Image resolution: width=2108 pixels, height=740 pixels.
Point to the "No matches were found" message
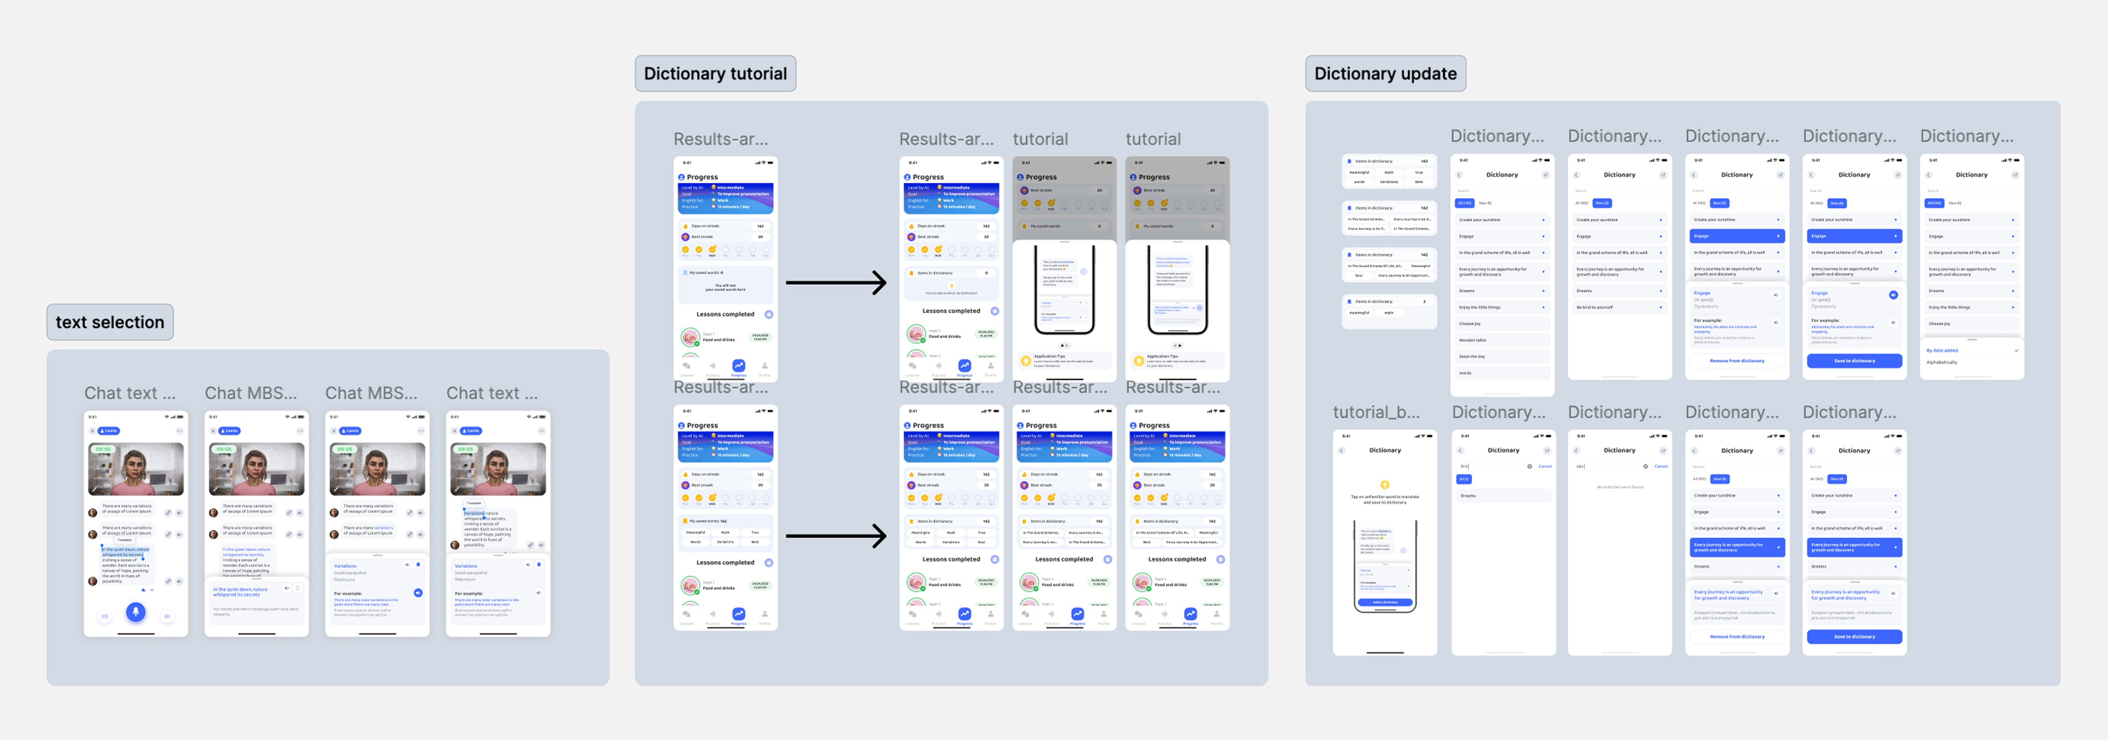pyautogui.click(x=1620, y=487)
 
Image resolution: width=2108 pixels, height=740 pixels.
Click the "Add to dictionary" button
pyautogui.click(x=1385, y=602)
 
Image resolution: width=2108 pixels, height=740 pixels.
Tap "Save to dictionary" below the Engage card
pyautogui.click(x=1853, y=360)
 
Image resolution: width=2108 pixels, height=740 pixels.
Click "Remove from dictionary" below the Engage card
pyautogui.click(x=1736, y=360)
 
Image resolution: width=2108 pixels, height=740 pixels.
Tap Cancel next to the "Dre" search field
pyautogui.click(x=1545, y=466)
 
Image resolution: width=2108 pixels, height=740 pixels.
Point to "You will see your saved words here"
pyautogui.click(x=725, y=287)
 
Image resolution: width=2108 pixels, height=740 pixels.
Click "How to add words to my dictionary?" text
pyautogui.click(x=951, y=292)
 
